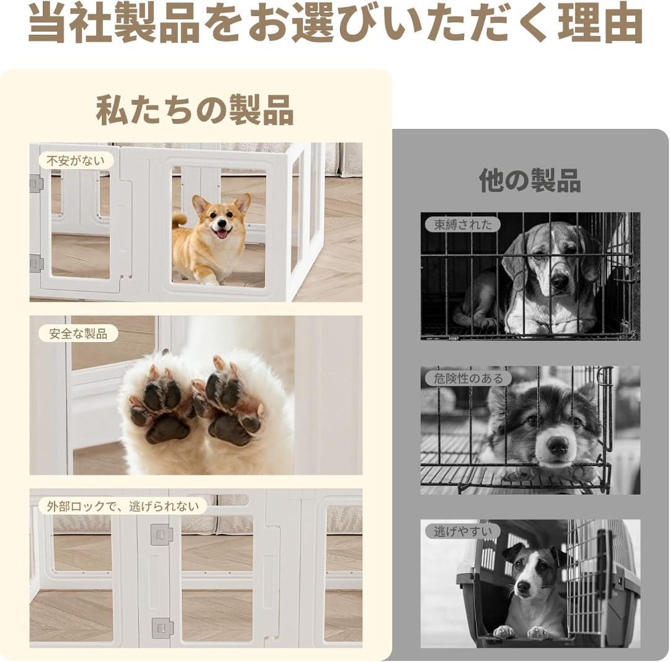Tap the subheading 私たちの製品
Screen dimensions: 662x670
pyautogui.click(x=195, y=110)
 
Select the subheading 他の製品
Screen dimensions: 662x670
pyautogui.click(x=530, y=180)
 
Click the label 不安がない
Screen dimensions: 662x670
pyautogui.click(x=76, y=161)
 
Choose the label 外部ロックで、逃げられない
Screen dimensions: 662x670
pyautogui.click(x=123, y=506)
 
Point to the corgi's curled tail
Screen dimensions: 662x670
pyautogui.click(x=179, y=219)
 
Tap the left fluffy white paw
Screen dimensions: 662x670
pyautogui.click(x=158, y=409)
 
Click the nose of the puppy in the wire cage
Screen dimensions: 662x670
pyautogui.click(x=557, y=445)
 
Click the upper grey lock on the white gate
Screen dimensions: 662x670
pyautogui.click(x=161, y=534)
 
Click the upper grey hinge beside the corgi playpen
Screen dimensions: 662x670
pyautogui.click(x=37, y=184)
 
